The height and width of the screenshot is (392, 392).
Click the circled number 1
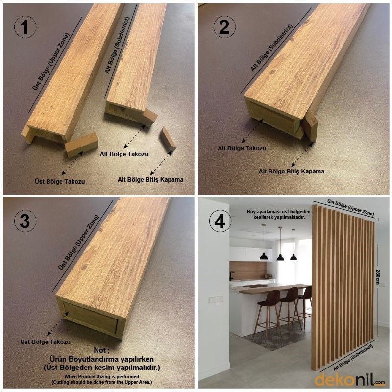click(25, 27)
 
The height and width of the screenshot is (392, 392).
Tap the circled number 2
click(224, 27)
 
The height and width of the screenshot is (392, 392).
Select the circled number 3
click(25, 221)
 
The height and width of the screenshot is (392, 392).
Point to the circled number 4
click(220, 221)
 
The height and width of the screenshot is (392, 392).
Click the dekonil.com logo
click(350, 379)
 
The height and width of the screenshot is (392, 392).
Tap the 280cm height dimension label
click(378, 276)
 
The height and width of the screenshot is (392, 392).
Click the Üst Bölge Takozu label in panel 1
click(60, 181)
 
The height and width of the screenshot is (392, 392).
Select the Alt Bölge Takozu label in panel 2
click(242, 148)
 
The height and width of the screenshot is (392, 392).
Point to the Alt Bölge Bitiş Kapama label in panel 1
click(150, 179)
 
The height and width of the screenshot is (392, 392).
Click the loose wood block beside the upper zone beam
click(81, 145)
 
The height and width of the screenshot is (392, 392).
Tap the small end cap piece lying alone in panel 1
click(168, 139)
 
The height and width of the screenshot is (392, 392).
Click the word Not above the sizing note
click(101, 350)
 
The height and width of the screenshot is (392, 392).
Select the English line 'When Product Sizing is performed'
click(102, 376)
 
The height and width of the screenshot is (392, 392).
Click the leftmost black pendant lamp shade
click(264, 256)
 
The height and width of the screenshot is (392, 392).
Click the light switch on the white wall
click(216, 299)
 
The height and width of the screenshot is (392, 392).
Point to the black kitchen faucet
click(231, 276)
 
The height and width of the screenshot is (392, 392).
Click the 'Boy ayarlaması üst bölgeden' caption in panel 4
click(279, 212)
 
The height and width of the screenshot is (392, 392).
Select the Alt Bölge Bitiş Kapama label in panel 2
click(291, 171)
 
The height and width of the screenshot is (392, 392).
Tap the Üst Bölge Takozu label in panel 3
click(46, 342)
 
